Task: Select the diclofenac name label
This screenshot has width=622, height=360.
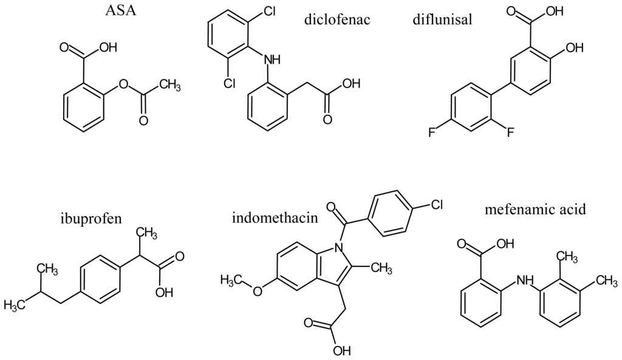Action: click(338, 21)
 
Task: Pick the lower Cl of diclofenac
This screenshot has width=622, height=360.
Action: click(229, 84)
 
